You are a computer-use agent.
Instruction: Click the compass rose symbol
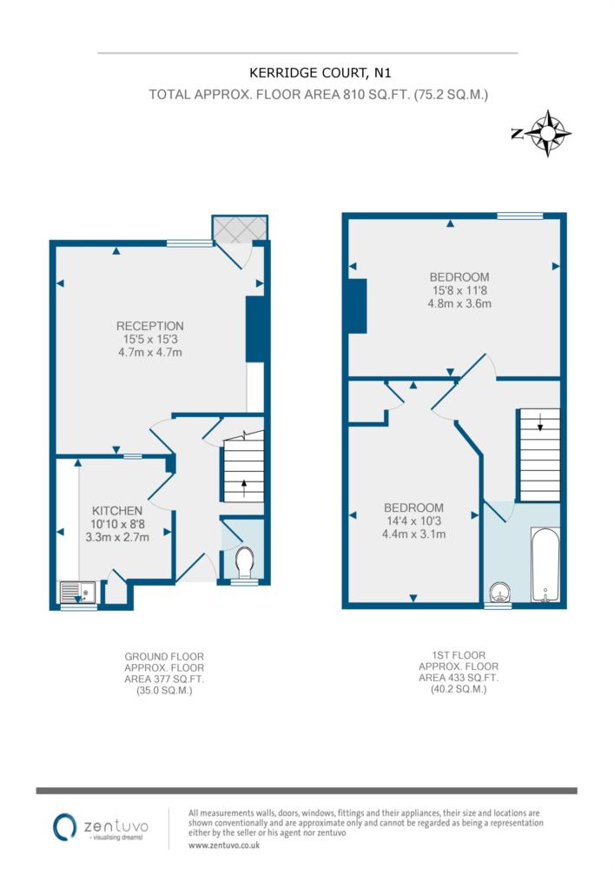pos(547,134)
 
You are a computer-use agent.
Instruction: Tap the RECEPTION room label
pos(150,326)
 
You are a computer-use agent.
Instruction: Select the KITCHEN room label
pos(117,510)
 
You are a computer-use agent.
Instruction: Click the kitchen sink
pos(77,592)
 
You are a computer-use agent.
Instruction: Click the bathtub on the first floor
pos(545,565)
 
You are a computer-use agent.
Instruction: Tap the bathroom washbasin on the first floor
pos(501,592)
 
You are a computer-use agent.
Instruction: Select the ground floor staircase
pos(244,470)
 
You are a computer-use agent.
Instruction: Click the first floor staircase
pos(539,455)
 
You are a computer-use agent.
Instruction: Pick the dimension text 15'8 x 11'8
pos(459,290)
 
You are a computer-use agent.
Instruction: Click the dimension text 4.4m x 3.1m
pos(413,534)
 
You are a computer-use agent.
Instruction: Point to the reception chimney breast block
pos(254,329)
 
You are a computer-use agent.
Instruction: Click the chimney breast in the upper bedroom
pos(358,306)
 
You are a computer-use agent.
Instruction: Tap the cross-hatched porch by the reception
pos(240,229)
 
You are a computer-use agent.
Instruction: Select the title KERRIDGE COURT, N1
pos(320,73)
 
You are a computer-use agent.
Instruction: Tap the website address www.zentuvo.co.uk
pos(224,846)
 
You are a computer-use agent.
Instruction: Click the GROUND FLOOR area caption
pos(164,673)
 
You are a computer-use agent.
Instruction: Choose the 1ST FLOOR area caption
pos(459,673)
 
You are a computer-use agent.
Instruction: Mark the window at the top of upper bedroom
pos(520,216)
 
